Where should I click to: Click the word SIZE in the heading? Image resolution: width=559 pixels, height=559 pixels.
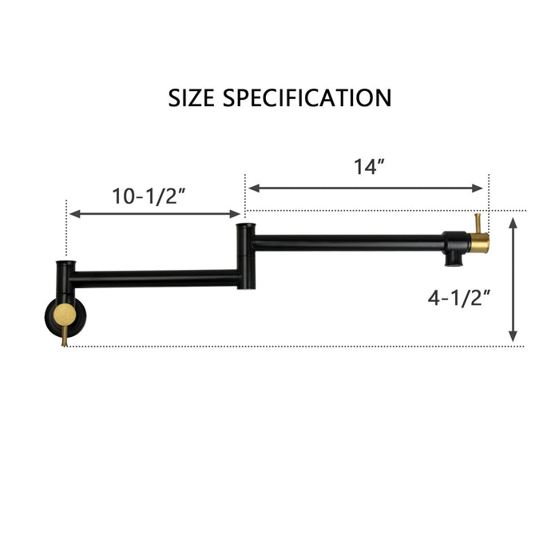click(x=192, y=98)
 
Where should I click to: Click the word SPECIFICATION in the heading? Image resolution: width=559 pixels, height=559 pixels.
click(x=307, y=98)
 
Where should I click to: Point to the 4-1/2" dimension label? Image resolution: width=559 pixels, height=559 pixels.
click(x=459, y=298)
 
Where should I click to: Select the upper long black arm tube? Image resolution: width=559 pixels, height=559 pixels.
click(x=347, y=242)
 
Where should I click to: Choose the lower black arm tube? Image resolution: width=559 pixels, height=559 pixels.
click(x=156, y=279)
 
